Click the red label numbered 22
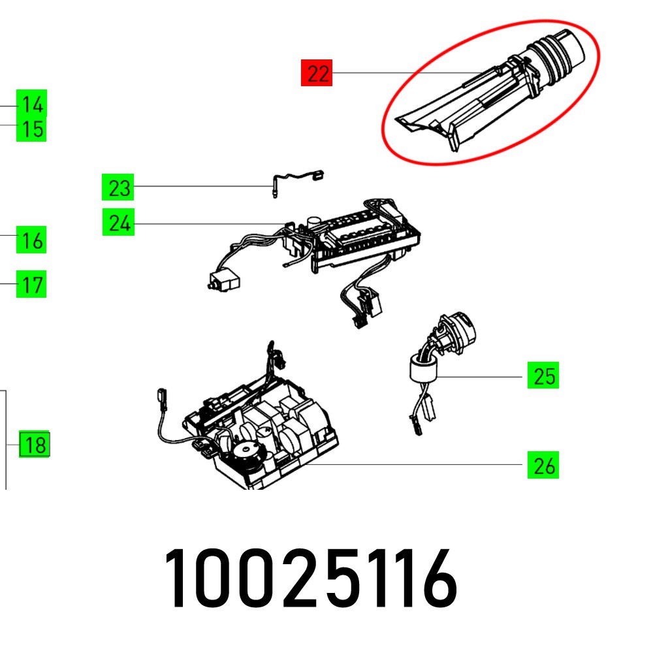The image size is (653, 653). [317, 73]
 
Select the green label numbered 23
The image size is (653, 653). [118, 189]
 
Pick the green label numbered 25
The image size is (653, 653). [543, 377]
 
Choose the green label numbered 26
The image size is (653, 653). [543, 466]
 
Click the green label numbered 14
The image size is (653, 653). [32, 104]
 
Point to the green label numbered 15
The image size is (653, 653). [32, 129]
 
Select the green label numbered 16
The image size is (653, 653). [32, 242]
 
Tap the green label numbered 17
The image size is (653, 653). [32, 285]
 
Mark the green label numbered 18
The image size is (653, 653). [35, 446]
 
